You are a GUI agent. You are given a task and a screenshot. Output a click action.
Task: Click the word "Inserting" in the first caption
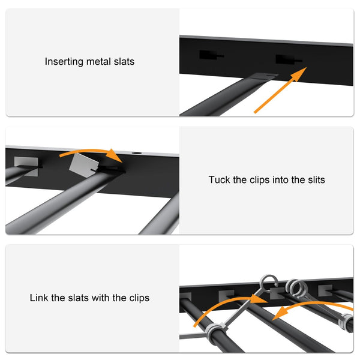tap(63, 61)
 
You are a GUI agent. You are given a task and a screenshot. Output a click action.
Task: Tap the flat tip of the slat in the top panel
tap(263, 77)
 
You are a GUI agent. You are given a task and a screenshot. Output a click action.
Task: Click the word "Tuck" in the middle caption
tap(219, 179)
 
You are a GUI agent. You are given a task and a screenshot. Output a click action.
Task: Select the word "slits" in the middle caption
tap(314, 179)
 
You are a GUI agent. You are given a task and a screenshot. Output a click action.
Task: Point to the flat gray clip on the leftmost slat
tap(26, 164)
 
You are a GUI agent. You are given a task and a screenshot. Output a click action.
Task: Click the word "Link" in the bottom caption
tap(40, 298)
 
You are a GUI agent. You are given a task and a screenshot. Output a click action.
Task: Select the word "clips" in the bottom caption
tap(138, 298)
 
